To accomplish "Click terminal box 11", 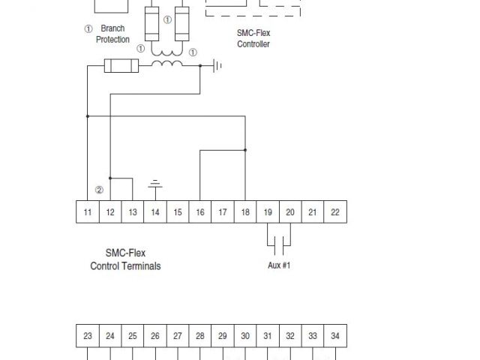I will pyautogui.click(x=88, y=212).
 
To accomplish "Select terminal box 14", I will pyautogui.click(x=155, y=212).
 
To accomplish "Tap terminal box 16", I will pyautogui.click(x=200, y=212).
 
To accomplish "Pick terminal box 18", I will pyautogui.click(x=245, y=212).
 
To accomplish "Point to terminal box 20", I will pyautogui.click(x=290, y=212).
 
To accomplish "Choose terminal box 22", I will pyautogui.click(x=335, y=212).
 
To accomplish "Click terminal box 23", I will pyautogui.click(x=88, y=336).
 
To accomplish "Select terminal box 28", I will pyautogui.click(x=200, y=336).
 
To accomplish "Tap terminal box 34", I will pyautogui.click(x=335, y=336).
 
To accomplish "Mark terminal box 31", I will pyautogui.click(x=268, y=336).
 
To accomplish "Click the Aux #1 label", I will pyautogui.click(x=279, y=265).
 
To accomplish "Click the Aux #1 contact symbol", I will pyautogui.click(x=279, y=244).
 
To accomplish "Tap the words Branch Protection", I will pyautogui.click(x=112, y=34).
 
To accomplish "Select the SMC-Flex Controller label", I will pyautogui.click(x=253, y=39).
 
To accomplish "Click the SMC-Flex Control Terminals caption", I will pyautogui.click(x=125, y=259).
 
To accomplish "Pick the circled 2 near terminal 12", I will pyautogui.click(x=99, y=190).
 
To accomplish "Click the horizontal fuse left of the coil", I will pyautogui.click(x=120, y=67).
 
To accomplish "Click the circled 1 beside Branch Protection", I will pyautogui.click(x=88, y=28).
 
